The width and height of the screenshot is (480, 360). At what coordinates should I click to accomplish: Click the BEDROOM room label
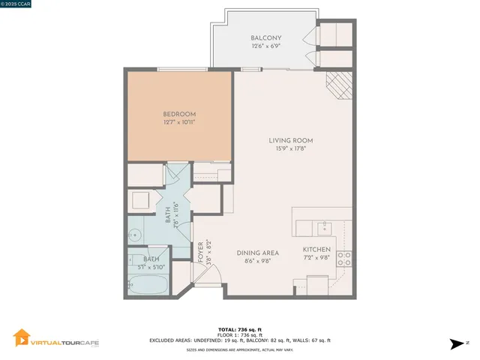[x=179, y=114]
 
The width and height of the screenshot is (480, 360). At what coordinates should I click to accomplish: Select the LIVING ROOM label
[x=291, y=140]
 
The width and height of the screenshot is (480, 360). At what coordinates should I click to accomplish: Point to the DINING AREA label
[x=258, y=253]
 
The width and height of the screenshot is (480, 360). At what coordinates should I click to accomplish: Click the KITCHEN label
[x=316, y=250]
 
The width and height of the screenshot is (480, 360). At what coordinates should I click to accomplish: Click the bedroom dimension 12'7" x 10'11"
[x=179, y=122]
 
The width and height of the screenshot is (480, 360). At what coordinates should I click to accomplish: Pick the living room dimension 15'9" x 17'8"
[x=291, y=148]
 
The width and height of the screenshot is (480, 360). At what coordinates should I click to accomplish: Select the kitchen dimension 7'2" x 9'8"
[x=316, y=258]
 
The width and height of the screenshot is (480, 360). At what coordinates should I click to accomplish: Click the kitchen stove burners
[x=345, y=259]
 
